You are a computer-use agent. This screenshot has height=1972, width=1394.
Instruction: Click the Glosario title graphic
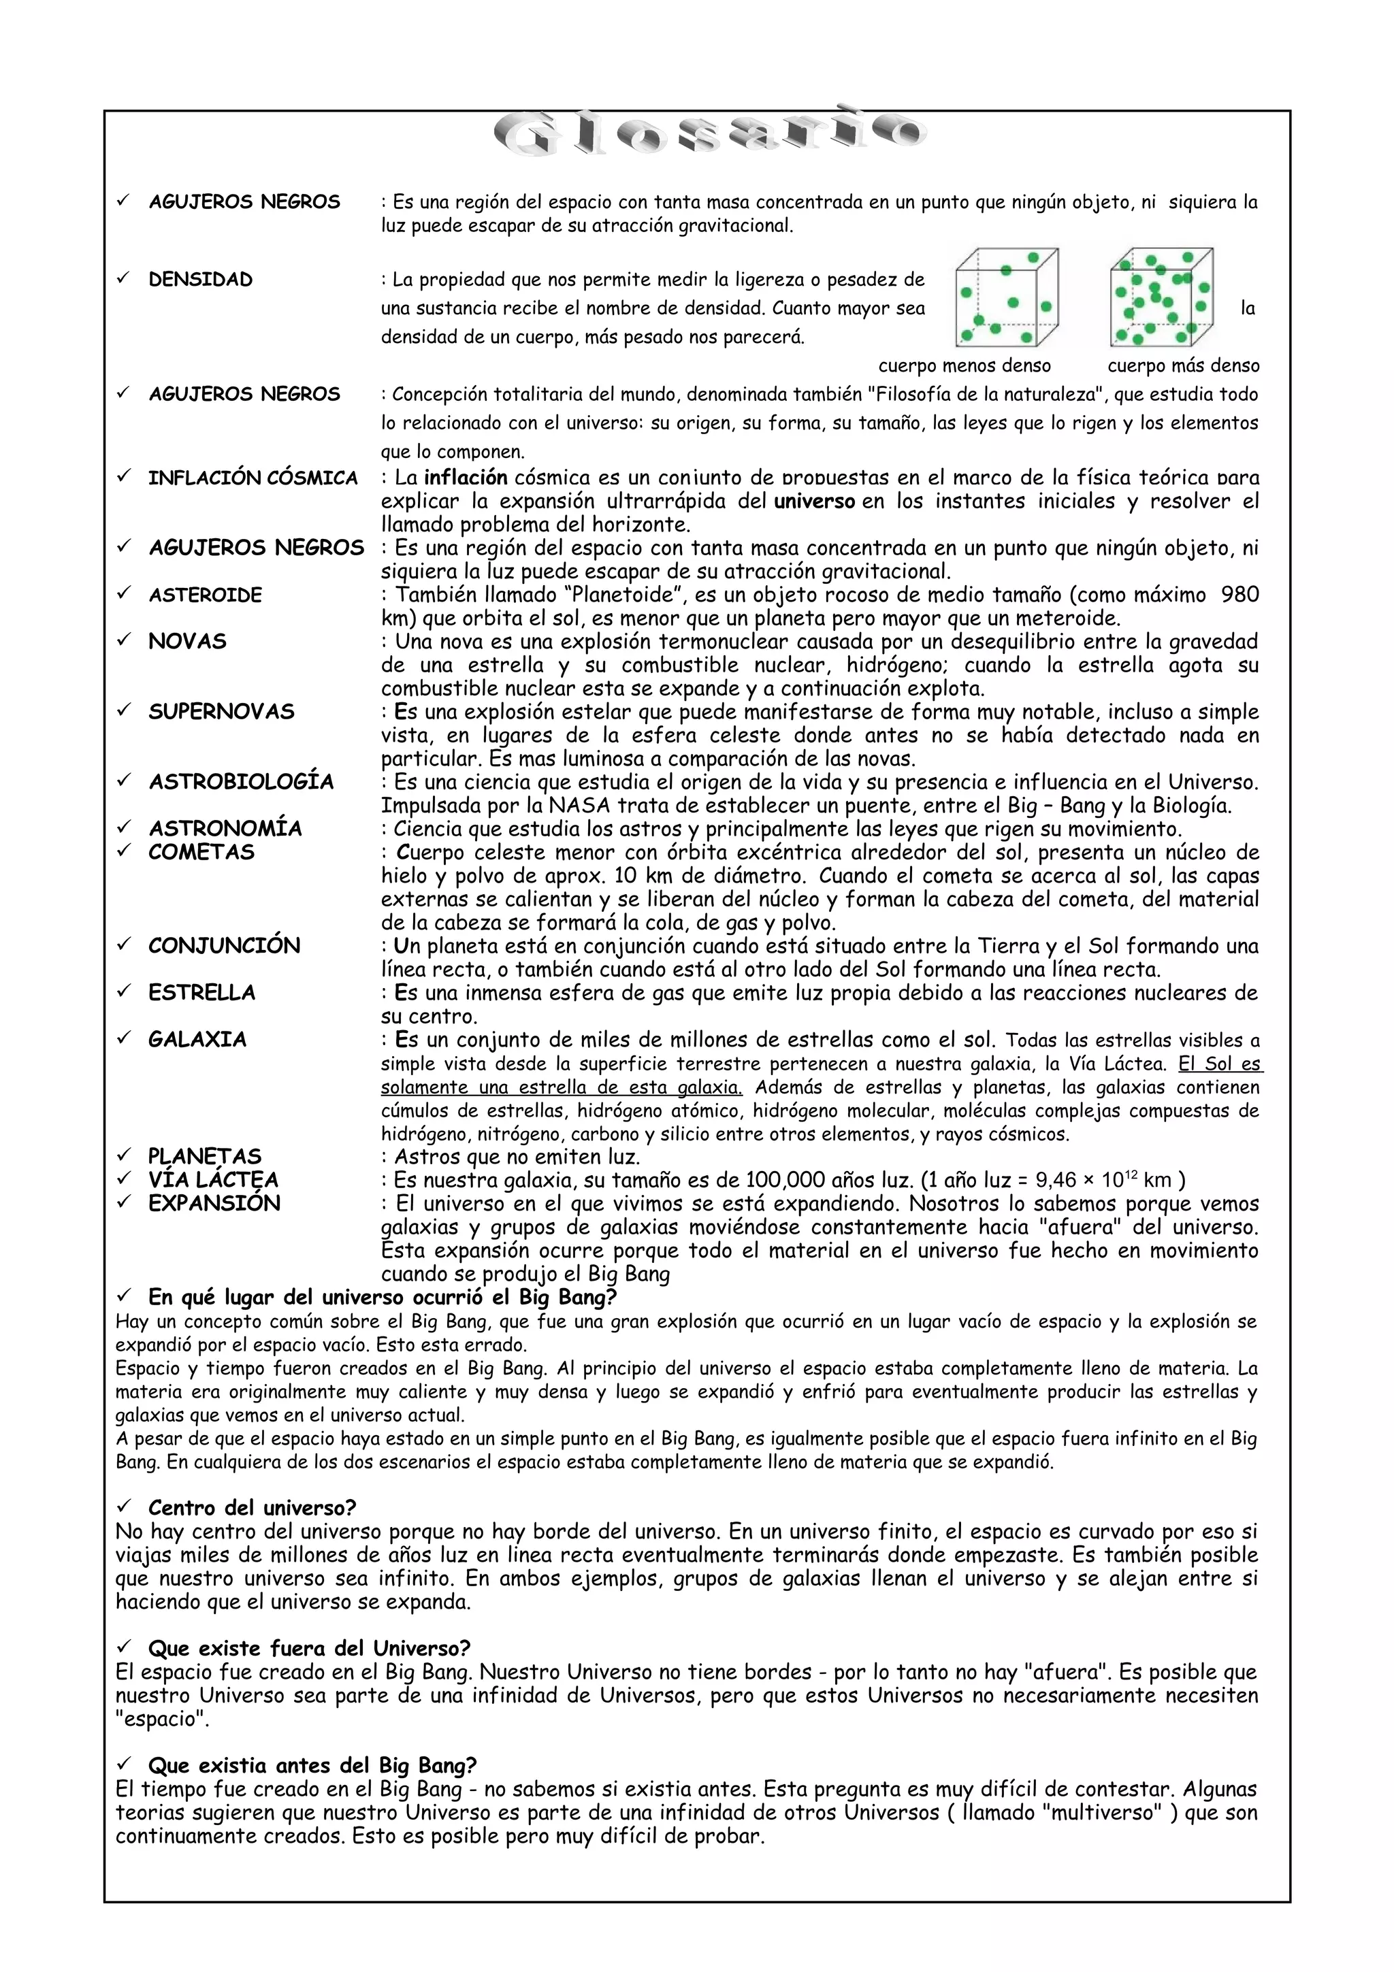(x=709, y=134)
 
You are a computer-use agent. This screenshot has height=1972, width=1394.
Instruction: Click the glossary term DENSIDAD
(x=200, y=280)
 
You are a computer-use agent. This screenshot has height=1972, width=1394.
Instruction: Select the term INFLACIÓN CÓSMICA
(x=253, y=478)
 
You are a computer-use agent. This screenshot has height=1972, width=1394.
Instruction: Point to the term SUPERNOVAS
(x=221, y=712)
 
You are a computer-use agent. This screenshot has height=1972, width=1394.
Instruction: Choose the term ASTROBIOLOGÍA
(x=240, y=783)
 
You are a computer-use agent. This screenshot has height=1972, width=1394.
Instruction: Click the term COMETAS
(x=201, y=853)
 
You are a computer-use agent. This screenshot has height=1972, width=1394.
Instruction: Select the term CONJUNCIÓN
(x=223, y=947)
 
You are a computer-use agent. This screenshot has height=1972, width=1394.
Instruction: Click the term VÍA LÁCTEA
(x=213, y=1180)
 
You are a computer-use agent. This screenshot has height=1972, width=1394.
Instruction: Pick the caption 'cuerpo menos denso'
(x=964, y=366)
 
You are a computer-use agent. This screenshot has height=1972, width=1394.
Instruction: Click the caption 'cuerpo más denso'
(x=1183, y=366)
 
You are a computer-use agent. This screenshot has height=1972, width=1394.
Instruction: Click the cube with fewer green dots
(x=1006, y=297)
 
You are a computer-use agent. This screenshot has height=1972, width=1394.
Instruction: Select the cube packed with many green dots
(x=1161, y=297)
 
